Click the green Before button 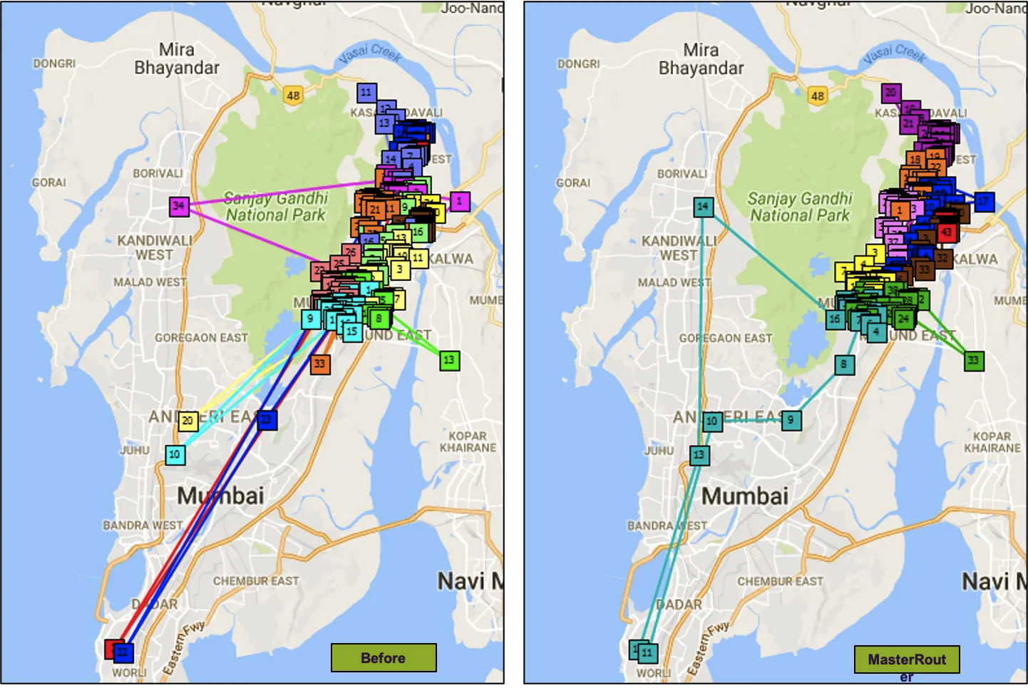coord(384,657)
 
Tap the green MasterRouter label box coord(907,659)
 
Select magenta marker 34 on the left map coord(179,206)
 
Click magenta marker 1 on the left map coord(460,201)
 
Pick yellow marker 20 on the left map coord(187,421)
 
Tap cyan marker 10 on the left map coord(175,454)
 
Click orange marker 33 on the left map coord(319,364)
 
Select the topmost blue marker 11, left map coord(366,92)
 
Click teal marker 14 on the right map coord(703,207)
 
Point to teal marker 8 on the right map coord(843,364)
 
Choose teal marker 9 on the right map coord(791,420)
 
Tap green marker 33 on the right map coord(973,360)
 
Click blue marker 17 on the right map coord(984,201)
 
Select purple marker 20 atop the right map coord(890,93)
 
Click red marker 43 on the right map coord(946,232)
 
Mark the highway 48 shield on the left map coord(293,96)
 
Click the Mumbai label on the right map coord(745,496)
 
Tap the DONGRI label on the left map coord(54,63)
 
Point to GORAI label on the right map coord(573,183)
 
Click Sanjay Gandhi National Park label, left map coord(275,207)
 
